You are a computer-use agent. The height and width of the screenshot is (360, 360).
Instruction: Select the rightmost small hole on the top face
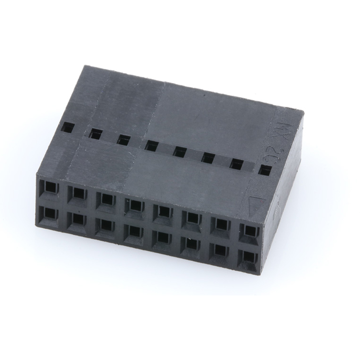tap(265, 170)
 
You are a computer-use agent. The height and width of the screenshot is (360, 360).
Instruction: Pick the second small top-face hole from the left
tap(95, 134)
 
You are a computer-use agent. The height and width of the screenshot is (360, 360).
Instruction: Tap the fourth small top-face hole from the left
tap(152, 146)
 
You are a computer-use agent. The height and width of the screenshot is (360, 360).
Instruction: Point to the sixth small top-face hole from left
tap(208, 158)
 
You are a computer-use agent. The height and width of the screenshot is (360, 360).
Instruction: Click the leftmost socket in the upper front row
tap(49, 187)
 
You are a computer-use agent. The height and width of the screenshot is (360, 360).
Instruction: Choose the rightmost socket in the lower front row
tap(248, 258)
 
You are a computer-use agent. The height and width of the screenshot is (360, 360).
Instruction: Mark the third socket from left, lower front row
tap(105, 225)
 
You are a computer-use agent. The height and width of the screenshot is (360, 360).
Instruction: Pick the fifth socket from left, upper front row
tap(163, 212)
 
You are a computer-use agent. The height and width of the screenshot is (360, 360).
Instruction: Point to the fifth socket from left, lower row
tap(162, 238)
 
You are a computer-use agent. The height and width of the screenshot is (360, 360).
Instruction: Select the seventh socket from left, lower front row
tap(220, 251)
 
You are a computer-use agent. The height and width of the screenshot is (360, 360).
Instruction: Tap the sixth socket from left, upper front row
tap(192, 218)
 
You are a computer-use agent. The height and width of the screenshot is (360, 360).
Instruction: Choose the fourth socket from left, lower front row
tap(134, 231)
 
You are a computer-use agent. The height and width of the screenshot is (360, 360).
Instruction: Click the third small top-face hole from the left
tap(124, 140)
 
